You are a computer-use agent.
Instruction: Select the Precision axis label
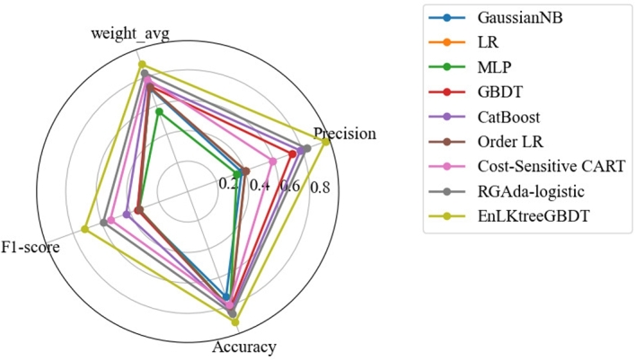click(345, 134)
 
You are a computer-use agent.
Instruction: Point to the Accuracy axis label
click(244, 347)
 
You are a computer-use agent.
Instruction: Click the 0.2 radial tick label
click(229, 183)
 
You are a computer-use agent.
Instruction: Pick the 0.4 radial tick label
click(260, 186)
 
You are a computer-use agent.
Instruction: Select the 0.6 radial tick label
click(289, 188)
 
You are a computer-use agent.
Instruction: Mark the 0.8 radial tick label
click(319, 189)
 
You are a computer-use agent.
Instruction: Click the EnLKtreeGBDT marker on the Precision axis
click(325, 141)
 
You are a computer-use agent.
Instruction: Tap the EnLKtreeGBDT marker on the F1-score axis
click(84, 230)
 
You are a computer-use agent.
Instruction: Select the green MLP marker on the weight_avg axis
click(159, 111)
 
